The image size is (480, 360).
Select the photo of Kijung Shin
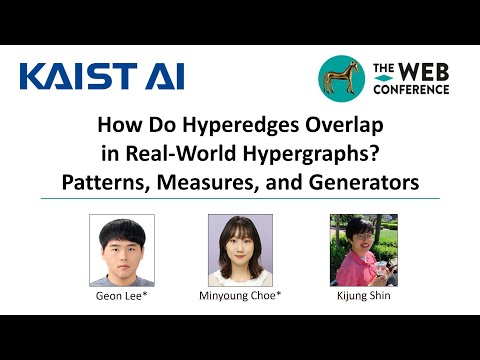point(357,250)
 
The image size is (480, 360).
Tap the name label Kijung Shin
point(357,297)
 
